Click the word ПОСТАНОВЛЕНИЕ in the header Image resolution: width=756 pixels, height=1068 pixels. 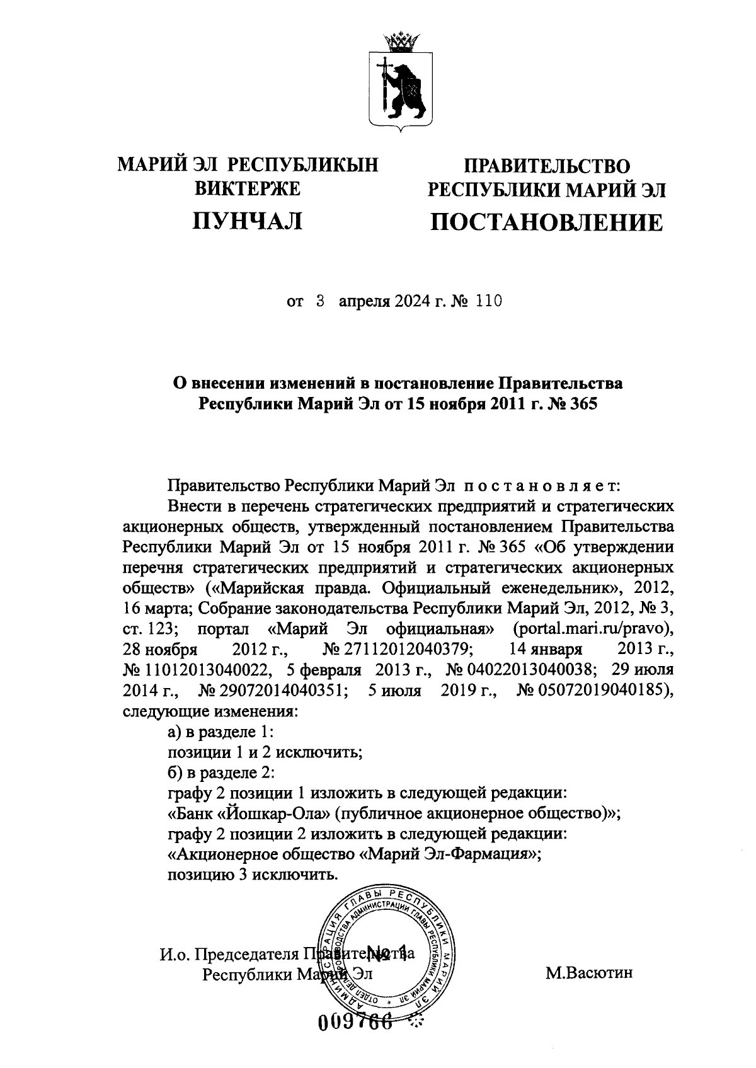[546, 222]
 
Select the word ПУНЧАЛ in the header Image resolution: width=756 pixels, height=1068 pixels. [248, 221]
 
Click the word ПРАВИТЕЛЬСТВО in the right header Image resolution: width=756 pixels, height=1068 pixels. [546, 166]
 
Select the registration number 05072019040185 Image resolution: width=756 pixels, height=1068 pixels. [592, 691]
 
